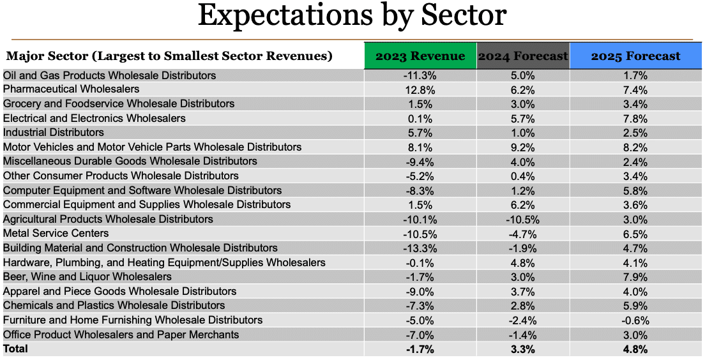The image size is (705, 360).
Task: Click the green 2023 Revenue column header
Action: (420, 56)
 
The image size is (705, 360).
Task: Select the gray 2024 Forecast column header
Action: (523, 56)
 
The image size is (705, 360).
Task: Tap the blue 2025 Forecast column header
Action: (635, 56)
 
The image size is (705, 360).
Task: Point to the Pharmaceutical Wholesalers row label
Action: (71, 89)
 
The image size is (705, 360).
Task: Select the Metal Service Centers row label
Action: (56, 234)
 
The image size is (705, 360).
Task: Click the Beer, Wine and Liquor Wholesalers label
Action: (87, 277)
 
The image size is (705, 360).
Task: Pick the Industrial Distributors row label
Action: (54, 133)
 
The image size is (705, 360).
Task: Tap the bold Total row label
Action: (16, 349)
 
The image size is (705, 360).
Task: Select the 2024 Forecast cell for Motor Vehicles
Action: (522, 147)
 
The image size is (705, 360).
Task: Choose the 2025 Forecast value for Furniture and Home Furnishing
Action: (635, 320)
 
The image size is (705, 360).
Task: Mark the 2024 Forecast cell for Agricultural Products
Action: (522, 220)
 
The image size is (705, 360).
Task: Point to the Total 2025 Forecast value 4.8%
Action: (635, 349)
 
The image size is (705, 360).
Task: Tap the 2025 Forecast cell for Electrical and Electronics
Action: (635, 119)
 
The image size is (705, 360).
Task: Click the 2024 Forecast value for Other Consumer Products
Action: (522, 176)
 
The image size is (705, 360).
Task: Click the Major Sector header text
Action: (169, 56)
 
